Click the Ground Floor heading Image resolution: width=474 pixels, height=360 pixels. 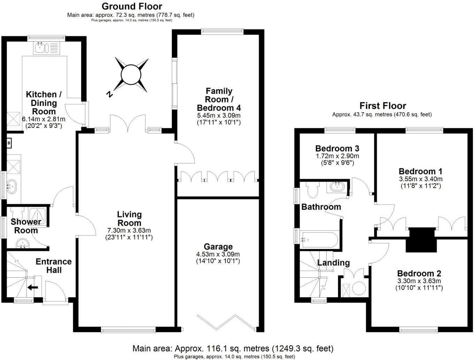click(x=132, y=6)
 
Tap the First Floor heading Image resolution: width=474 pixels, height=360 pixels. click(x=383, y=106)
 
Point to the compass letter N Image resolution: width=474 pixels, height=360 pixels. click(x=109, y=94)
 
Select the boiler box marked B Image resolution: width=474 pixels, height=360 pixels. click(x=9, y=143)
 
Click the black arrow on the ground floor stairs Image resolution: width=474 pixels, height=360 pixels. click(x=33, y=288)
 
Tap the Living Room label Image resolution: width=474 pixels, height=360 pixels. click(x=129, y=219)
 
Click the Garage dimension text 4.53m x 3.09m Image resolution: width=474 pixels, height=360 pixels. click(x=218, y=254)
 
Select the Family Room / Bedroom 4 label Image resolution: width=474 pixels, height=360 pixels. click(x=219, y=99)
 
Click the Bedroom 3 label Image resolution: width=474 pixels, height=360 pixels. click(x=337, y=149)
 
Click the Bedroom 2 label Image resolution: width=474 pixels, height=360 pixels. click(x=419, y=273)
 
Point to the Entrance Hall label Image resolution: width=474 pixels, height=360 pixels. click(x=54, y=266)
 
